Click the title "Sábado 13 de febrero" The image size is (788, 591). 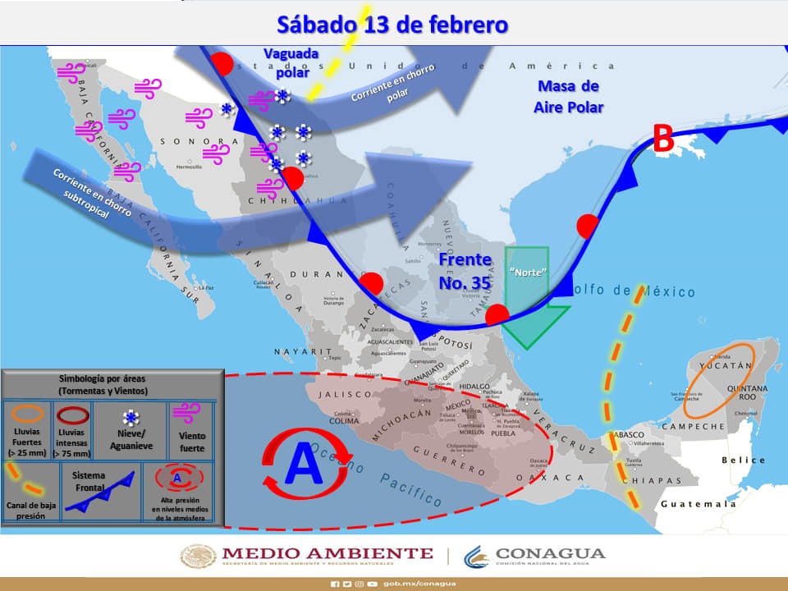392,24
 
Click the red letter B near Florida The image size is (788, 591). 662,139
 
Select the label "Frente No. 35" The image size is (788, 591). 465,271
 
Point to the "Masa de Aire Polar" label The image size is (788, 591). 568,97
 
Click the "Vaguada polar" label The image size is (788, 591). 291,62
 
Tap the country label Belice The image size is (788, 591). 743,460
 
